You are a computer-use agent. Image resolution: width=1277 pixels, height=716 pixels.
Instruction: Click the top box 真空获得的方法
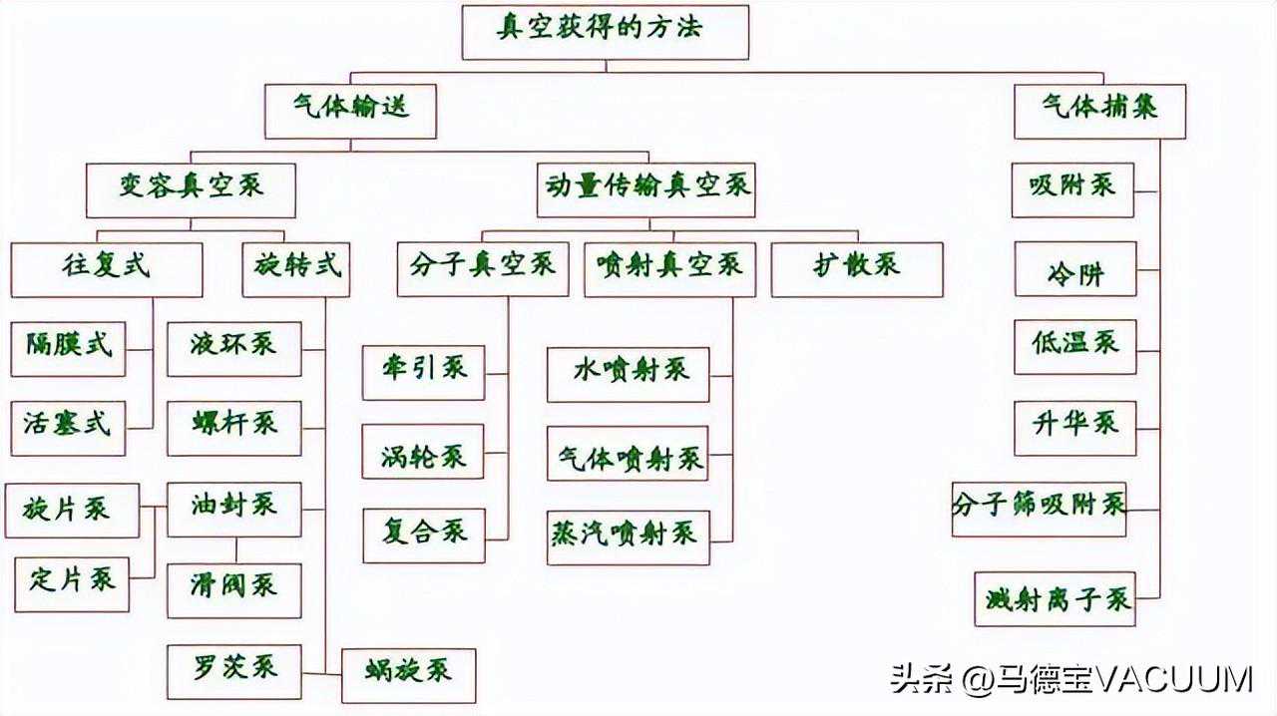click(606, 31)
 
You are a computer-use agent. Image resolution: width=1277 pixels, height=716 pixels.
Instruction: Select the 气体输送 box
click(350, 111)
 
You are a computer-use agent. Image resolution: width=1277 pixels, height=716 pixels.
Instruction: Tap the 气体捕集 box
click(1099, 111)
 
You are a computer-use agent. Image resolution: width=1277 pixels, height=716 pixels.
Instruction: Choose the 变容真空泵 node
click(191, 189)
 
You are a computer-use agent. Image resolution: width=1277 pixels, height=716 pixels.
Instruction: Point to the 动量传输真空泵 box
click(645, 189)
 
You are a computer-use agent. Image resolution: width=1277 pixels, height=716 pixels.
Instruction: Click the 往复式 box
click(107, 269)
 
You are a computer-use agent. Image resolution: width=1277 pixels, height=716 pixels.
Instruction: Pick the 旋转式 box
click(296, 269)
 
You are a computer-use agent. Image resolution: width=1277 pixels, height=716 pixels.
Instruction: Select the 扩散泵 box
click(857, 269)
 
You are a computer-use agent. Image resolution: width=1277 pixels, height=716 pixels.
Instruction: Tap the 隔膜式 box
click(68, 348)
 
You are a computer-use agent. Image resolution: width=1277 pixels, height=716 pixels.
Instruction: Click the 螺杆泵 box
click(234, 428)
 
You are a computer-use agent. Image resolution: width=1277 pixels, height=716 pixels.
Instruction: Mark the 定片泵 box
click(72, 584)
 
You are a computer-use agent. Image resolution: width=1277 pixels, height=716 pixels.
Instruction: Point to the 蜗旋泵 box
click(408, 675)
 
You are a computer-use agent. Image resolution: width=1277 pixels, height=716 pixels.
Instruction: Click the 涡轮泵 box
click(423, 451)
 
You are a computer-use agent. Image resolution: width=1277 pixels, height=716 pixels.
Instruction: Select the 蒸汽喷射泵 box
click(629, 537)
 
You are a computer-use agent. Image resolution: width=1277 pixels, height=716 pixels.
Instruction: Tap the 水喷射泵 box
click(629, 374)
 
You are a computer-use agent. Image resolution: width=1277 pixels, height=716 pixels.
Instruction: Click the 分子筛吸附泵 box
click(1039, 509)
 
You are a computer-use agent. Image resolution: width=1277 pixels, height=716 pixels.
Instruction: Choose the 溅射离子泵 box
click(1057, 599)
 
